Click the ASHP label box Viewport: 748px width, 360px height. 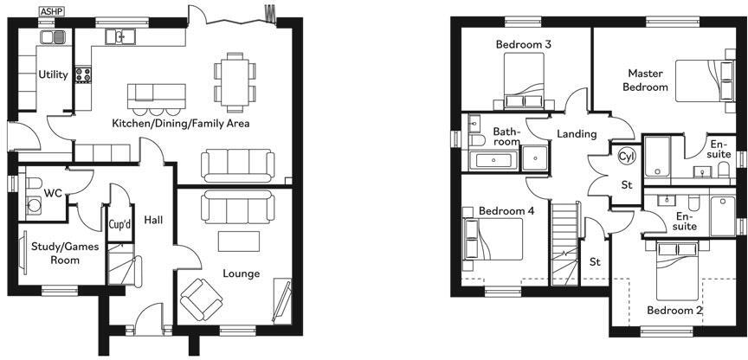coord(52,10)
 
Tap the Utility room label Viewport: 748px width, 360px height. coord(53,75)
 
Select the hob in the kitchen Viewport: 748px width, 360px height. coord(84,75)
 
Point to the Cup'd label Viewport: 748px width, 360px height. coord(119,225)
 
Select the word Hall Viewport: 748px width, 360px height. coord(154,220)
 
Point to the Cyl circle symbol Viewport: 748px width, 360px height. coord(626,157)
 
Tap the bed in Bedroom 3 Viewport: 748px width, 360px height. coord(524,80)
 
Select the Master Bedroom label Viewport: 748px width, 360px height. coord(647,80)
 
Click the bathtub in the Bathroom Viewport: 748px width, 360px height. coord(493,159)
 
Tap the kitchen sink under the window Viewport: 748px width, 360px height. coord(119,36)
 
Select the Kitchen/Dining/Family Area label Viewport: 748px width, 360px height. coord(180,124)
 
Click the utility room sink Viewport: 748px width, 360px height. coord(54,37)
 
